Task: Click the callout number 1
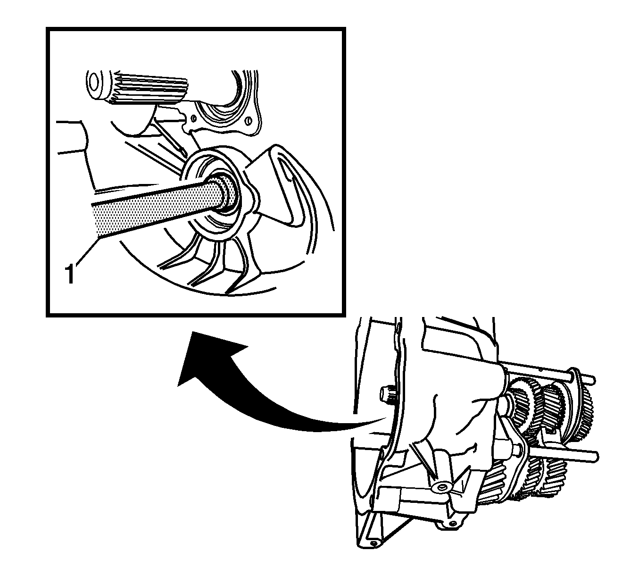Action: [x=70, y=273]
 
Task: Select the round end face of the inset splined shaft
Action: [x=93, y=83]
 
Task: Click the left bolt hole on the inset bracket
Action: [x=193, y=118]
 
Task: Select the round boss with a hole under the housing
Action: [x=442, y=488]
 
